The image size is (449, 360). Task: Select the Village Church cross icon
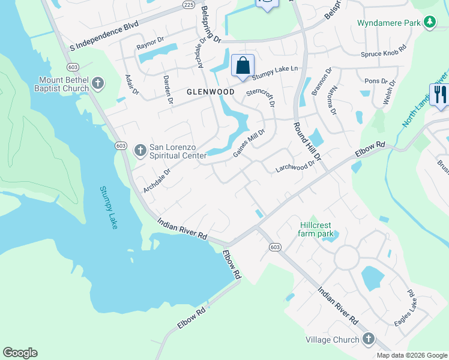click(369, 340)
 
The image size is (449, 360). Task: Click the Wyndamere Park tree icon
click(429, 23)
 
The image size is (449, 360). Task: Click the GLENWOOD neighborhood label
click(210, 92)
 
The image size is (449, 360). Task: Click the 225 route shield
click(188, 4)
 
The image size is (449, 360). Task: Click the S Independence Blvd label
click(104, 37)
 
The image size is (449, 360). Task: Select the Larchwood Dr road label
click(295, 166)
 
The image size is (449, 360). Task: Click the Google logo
click(20, 353)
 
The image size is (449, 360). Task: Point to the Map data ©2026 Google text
click(412, 355)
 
